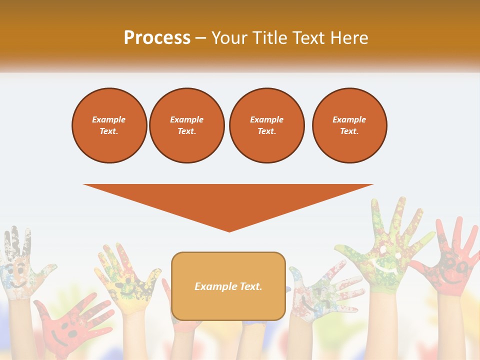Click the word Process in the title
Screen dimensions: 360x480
pyautogui.click(x=157, y=38)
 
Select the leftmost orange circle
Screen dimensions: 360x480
pyautogui.click(x=109, y=125)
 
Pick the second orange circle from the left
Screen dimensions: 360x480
pyautogui.click(x=186, y=125)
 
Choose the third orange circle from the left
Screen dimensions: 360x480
pyautogui.click(x=266, y=125)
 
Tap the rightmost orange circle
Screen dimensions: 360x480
pyautogui.click(x=349, y=125)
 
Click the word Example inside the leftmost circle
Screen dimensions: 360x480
pyautogui.click(x=109, y=119)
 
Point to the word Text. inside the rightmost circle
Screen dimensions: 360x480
pyautogui.click(x=349, y=131)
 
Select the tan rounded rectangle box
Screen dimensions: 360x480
pyautogui.click(x=228, y=286)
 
